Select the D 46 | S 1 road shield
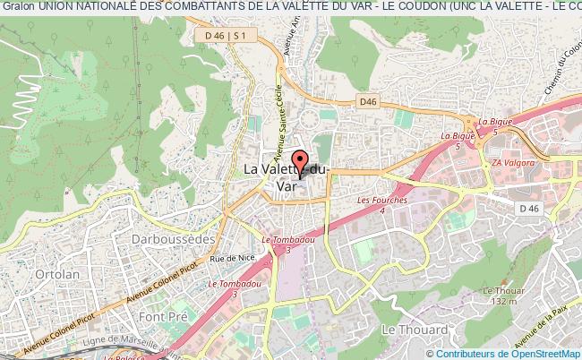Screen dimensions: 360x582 pos(225,35)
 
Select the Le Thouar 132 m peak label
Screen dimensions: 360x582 pos(501,296)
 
